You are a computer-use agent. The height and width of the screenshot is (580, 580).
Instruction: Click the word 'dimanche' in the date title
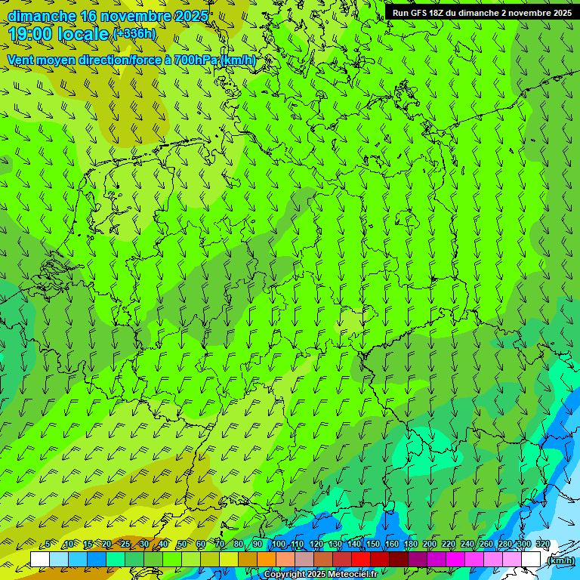coord(42,16)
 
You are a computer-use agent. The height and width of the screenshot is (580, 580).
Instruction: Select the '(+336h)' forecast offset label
coord(134,33)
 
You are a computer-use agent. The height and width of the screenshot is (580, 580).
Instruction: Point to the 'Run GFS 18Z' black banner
coord(482,12)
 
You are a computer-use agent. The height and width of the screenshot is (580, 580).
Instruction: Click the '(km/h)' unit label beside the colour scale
coord(560,560)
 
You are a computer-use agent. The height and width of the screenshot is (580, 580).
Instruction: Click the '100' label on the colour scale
coord(279,545)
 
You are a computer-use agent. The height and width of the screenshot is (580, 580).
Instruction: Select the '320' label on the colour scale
coord(542,545)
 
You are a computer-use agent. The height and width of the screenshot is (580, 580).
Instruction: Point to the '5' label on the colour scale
coord(48,545)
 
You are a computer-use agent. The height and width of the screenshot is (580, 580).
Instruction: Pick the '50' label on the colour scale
coord(181,545)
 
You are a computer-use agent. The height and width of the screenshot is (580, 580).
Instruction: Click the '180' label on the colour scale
coord(411,545)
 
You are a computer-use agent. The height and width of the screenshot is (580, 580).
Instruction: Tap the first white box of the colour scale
coord(40,560)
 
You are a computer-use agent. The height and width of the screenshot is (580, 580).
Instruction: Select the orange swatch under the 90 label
coord(267,560)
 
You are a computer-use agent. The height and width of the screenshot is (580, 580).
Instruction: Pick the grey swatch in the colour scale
coord(304,560)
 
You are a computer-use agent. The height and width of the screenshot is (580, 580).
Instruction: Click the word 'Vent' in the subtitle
coord(22,60)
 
